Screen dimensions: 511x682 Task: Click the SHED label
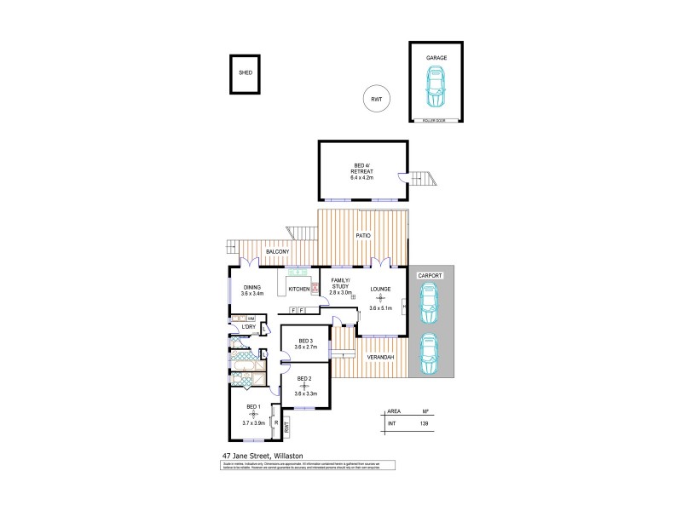[x=246, y=74]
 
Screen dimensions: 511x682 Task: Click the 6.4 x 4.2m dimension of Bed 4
[x=362, y=177]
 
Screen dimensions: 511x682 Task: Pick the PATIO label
[x=363, y=235]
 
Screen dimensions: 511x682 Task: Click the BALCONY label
[x=278, y=252]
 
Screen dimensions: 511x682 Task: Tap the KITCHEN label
[x=299, y=290]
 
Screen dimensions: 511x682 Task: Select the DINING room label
[x=251, y=287]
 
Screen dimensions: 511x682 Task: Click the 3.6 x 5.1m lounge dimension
[x=380, y=308]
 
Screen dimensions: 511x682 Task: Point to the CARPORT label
[x=428, y=276]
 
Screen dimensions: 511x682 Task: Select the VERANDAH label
[x=381, y=357]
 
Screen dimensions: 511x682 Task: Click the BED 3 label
[x=304, y=341]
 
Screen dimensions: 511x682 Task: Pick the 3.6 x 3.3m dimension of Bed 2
[x=305, y=393]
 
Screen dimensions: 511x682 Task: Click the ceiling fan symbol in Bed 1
[x=253, y=414]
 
